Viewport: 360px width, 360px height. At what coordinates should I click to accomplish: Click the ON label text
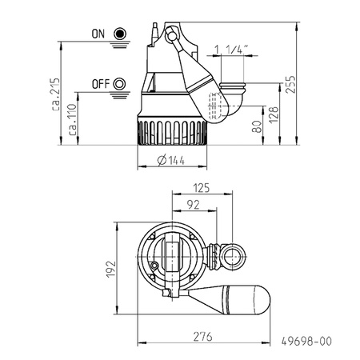click(x=98, y=34)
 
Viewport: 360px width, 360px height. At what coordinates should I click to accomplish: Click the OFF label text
click(x=101, y=83)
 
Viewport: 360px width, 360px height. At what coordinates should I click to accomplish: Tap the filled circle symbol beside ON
click(x=121, y=34)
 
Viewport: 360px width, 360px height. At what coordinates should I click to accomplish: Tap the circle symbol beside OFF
click(x=121, y=83)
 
